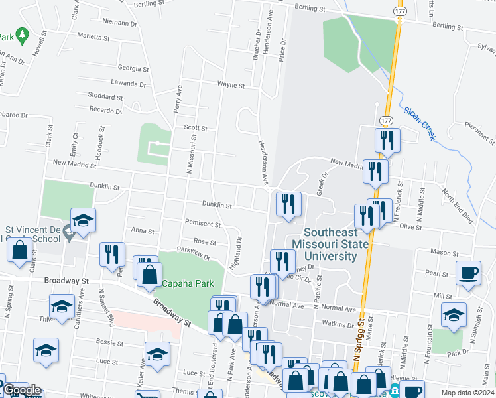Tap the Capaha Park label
click(x=188, y=283)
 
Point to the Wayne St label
click(x=231, y=85)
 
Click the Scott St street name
click(x=196, y=128)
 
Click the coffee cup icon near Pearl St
click(x=469, y=273)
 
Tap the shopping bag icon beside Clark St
click(x=20, y=250)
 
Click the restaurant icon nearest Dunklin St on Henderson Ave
click(x=288, y=203)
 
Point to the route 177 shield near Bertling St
click(x=399, y=12)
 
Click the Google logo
click(x=21, y=390)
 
